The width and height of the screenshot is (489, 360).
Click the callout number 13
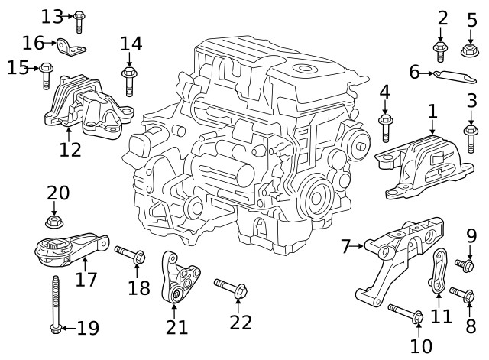[x=52, y=15]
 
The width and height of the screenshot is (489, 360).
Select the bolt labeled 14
[x=129, y=80]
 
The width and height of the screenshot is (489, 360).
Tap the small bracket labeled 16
[x=73, y=48]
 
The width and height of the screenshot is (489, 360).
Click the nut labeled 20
[x=54, y=222]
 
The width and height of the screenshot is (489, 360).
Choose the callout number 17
[x=86, y=280]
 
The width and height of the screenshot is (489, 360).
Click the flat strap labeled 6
[x=454, y=76]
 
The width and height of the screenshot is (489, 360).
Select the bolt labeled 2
[x=441, y=51]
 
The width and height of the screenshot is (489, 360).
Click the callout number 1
[x=432, y=112]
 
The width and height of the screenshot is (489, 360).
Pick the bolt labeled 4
[x=385, y=127]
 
